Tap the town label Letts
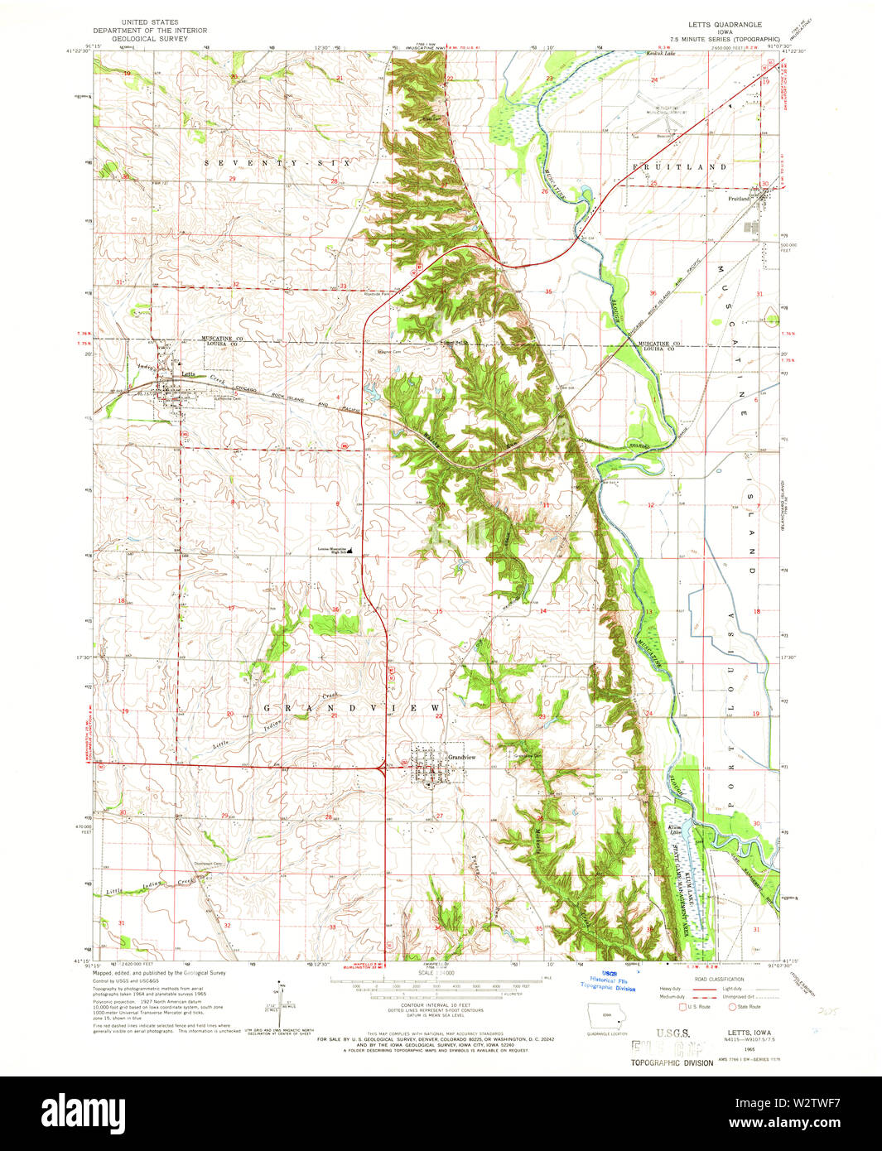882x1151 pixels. tap(189, 373)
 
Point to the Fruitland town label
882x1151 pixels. tap(739, 199)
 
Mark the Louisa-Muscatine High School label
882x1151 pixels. tap(332, 549)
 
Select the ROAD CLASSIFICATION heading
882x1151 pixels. tap(720, 979)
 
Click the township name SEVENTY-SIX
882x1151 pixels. tap(277, 164)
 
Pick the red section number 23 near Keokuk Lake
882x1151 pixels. tap(549, 79)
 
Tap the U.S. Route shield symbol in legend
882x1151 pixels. tap(682, 1007)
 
